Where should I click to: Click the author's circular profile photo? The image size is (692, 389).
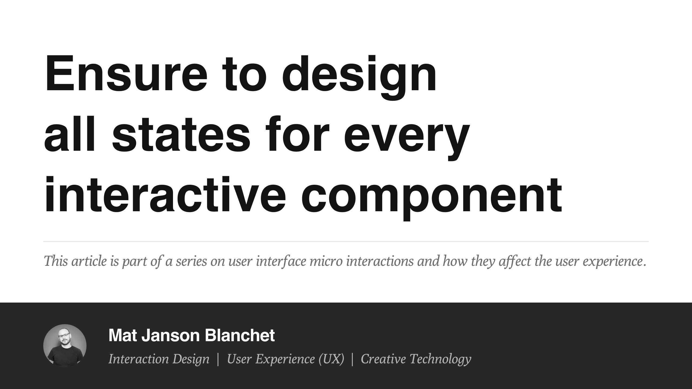click(65, 346)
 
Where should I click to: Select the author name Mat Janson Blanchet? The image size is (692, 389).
click(191, 335)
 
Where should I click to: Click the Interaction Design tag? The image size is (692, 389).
click(159, 359)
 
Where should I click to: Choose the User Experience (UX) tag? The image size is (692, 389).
click(285, 359)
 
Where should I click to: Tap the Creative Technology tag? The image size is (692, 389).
click(416, 359)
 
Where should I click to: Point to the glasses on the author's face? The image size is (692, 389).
click(64, 336)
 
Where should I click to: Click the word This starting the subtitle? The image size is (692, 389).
click(55, 261)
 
